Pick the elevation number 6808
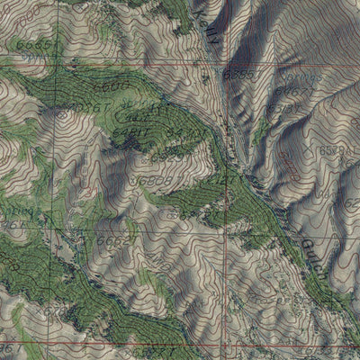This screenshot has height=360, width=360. click(x=153, y=181)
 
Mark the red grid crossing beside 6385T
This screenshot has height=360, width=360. click(x=221, y=66)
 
